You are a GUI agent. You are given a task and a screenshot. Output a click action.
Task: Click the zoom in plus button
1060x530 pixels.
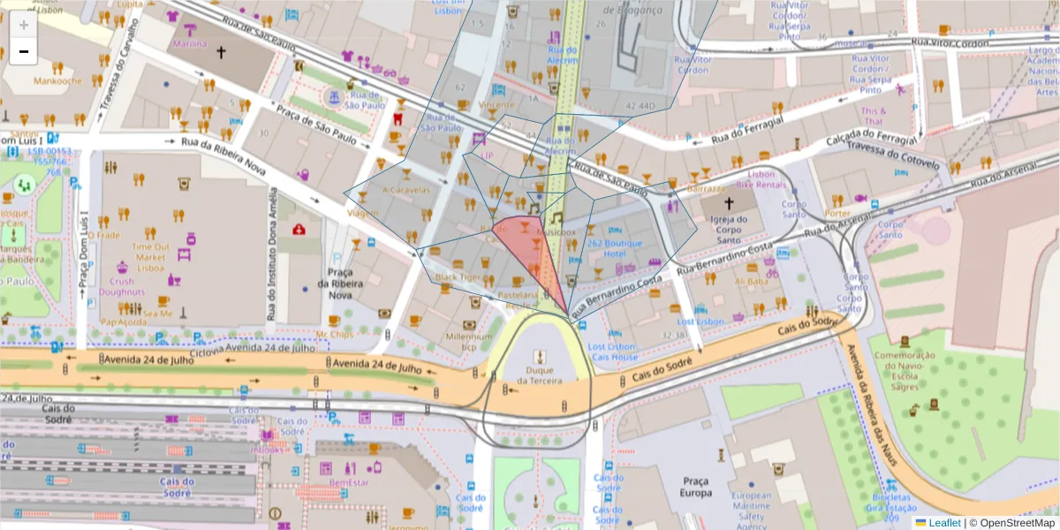(x=24, y=25)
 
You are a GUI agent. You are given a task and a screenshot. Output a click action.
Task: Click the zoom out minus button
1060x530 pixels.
(x=24, y=51)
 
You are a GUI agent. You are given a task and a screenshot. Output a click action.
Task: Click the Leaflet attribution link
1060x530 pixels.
(x=937, y=522)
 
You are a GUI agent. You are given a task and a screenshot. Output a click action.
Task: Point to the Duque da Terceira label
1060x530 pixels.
(x=540, y=375)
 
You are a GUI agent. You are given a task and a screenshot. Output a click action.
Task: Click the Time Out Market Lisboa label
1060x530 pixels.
(x=157, y=257)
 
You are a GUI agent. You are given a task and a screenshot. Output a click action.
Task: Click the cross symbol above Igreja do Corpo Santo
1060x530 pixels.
(x=730, y=202)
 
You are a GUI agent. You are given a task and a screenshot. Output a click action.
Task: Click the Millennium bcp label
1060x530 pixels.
(x=469, y=342)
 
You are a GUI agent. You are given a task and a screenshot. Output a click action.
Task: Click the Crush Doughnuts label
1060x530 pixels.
(x=122, y=287)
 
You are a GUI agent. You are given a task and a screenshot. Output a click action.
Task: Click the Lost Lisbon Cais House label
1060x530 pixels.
(x=612, y=352)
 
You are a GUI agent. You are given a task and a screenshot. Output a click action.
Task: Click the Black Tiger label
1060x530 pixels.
(x=458, y=277)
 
